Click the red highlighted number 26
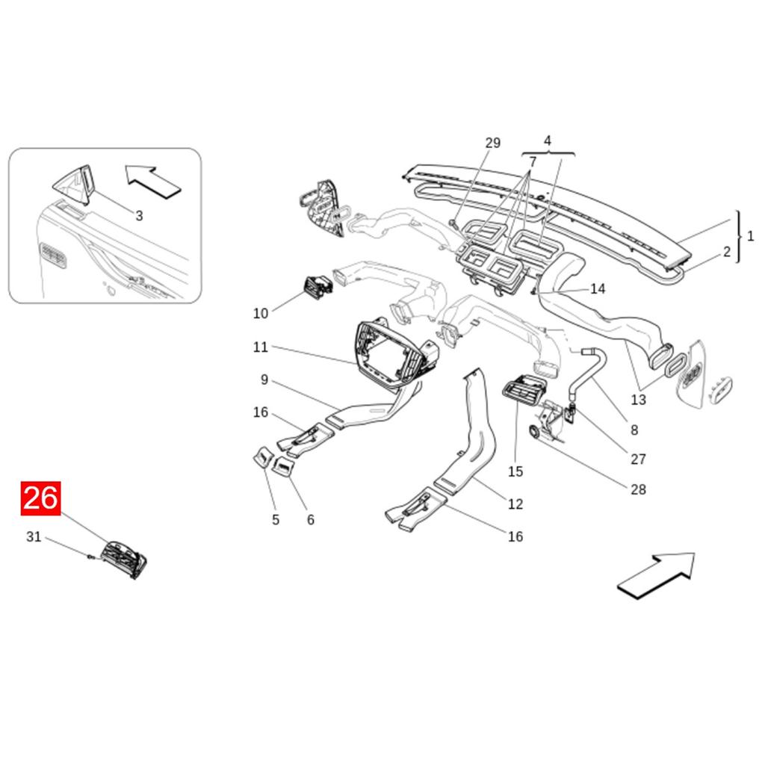click(40, 498)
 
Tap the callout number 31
click(34, 536)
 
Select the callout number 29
click(492, 143)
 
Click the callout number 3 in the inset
click(139, 216)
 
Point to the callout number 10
click(260, 313)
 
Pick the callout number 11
click(260, 347)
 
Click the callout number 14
click(598, 289)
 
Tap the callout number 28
click(637, 489)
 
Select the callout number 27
click(637, 459)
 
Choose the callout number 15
click(515, 471)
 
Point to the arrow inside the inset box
click(153, 181)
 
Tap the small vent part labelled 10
click(317, 287)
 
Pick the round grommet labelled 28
click(536, 432)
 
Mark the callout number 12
click(515, 504)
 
